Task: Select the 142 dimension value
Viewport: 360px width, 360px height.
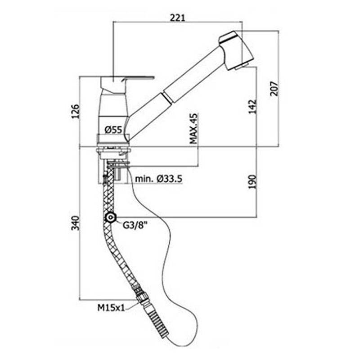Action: [x=253, y=107]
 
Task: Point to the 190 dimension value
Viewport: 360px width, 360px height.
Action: [x=253, y=181]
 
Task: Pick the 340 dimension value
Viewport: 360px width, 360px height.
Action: [x=75, y=224]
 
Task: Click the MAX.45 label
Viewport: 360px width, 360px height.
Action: [x=194, y=129]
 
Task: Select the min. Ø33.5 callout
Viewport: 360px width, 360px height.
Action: [x=158, y=179]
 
